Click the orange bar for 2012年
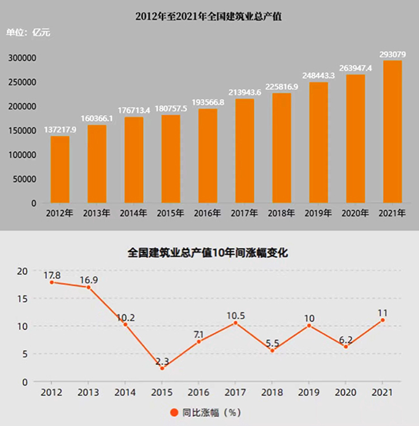click(x=60, y=169)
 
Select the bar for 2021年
click(x=393, y=132)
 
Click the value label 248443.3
click(x=319, y=75)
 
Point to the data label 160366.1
click(x=97, y=118)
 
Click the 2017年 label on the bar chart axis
click(x=245, y=214)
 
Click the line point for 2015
click(x=162, y=368)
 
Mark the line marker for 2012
click(x=51, y=282)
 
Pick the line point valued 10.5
click(x=236, y=323)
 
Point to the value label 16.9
click(x=88, y=279)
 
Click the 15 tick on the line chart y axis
click(x=22, y=299)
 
